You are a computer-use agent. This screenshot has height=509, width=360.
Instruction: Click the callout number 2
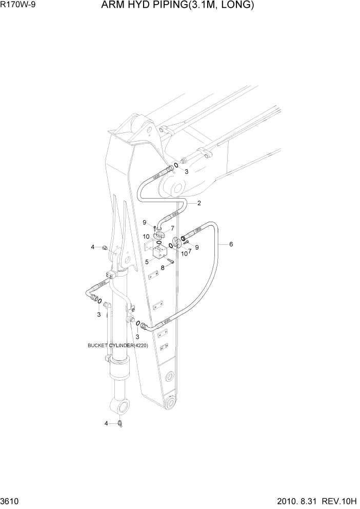pyautogui.click(x=199, y=203)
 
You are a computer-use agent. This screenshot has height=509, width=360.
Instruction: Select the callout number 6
pyautogui.click(x=231, y=244)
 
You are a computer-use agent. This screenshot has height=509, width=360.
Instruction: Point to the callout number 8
pyautogui.click(x=163, y=267)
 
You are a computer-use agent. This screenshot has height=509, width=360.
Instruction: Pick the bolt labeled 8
pyautogui.click(x=171, y=262)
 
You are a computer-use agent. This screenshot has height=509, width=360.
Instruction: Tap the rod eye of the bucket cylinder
pyautogui.click(x=122, y=407)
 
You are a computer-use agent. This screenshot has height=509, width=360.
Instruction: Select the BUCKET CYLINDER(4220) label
pyautogui.click(x=118, y=345)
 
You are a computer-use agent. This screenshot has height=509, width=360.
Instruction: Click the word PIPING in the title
pyautogui.click(x=163, y=6)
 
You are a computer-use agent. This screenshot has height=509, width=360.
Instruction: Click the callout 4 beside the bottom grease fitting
pyautogui.click(x=106, y=423)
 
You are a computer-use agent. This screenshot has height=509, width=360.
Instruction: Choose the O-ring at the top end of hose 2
pyautogui.click(x=176, y=165)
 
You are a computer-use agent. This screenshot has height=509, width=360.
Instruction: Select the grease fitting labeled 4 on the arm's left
pyautogui.click(x=105, y=248)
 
